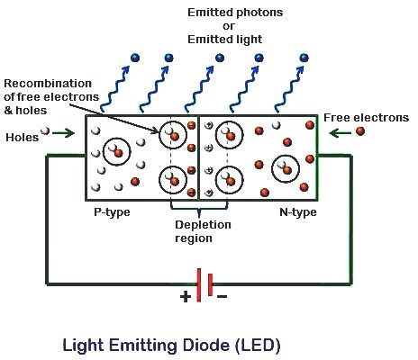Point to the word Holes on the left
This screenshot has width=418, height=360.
[23, 138]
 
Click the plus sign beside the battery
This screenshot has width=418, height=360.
[186, 295]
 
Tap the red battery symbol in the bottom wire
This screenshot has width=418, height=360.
[204, 284]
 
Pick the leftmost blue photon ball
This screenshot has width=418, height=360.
[133, 55]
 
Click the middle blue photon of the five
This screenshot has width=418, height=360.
[219, 58]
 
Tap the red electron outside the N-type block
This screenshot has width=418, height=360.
[362, 131]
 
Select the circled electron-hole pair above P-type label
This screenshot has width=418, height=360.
[116, 150]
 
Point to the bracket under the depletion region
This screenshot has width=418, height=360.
[198, 208]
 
